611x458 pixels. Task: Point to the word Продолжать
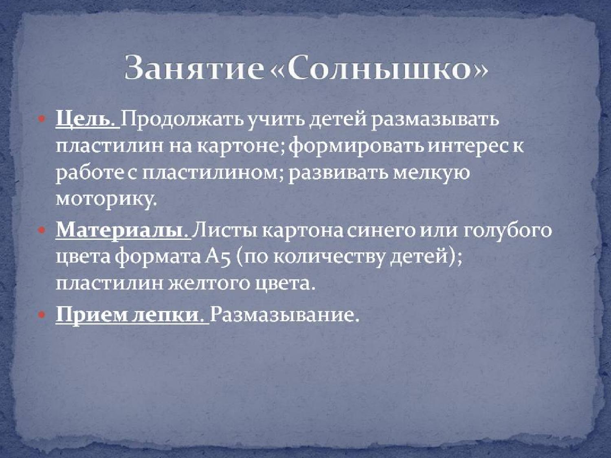[x=180, y=120]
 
